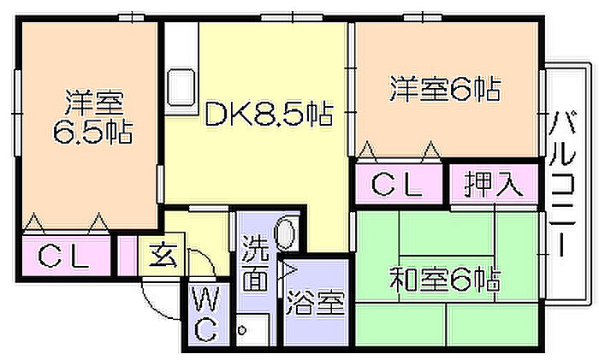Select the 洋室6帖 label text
click(445, 89)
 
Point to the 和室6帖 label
click(445, 279)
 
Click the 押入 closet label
click(494, 185)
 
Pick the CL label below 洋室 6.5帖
click(64, 256)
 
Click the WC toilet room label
click(205, 315)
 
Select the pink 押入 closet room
click(495, 186)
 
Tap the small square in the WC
click(243, 328)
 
